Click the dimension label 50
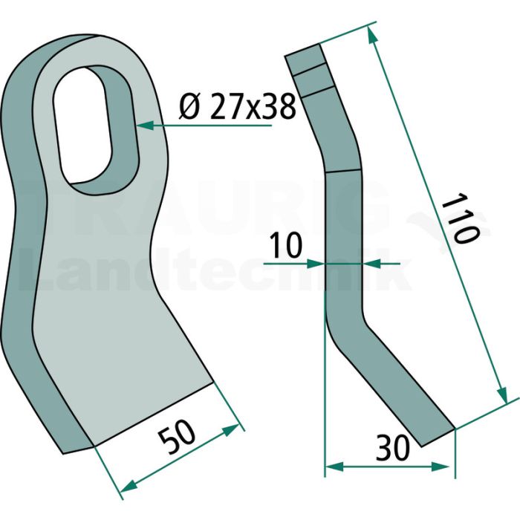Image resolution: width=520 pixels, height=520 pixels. (177, 438)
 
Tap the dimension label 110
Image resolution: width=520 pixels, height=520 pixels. (461, 220)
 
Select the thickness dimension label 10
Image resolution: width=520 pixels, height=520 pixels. (285, 245)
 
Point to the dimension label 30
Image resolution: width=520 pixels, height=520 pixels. (393, 448)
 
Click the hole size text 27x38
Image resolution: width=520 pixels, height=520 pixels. (252, 106)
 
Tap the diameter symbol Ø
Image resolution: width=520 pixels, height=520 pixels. (189, 106)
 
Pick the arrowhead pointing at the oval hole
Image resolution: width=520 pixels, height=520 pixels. (145, 126)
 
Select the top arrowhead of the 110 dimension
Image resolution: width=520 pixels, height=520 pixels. (372, 35)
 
